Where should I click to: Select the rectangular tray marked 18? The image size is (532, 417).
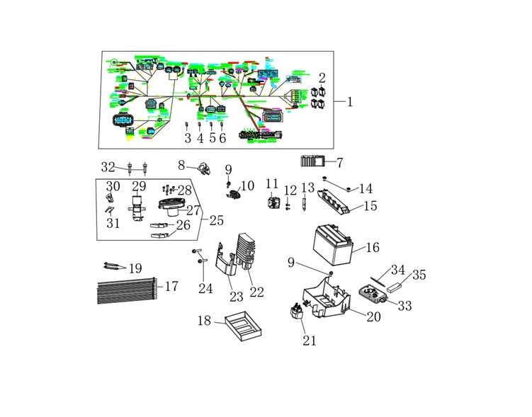click(x=242, y=328)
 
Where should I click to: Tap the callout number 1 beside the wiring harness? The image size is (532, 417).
click(x=349, y=102)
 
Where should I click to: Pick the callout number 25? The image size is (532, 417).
click(x=216, y=220)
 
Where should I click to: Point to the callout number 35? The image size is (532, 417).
click(x=419, y=275)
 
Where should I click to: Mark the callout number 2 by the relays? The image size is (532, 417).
click(x=322, y=78)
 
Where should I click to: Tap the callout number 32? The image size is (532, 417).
click(x=108, y=167)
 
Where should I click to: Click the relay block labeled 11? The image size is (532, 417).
click(x=273, y=202)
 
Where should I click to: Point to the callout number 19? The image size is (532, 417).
click(x=134, y=268)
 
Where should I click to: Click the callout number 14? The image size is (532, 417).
click(x=365, y=189)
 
